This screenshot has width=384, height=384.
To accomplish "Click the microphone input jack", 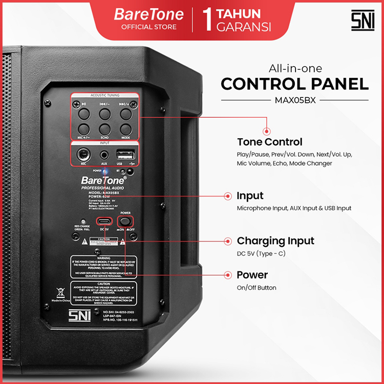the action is pyautogui.click(x=82, y=154).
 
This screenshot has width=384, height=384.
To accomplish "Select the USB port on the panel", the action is pyautogui.click(x=126, y=154).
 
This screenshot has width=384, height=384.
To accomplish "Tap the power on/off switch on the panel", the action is pyautogui.click(x=125, y=221).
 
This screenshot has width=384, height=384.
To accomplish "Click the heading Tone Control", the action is pyautogui.click(x=269, y=142).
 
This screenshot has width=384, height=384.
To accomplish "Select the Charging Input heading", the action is pyautogui.click(x=275, y=241).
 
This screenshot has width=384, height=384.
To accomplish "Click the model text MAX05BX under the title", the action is pyautogui.click(x=295, y=100).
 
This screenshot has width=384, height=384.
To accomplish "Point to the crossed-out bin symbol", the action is pyautogui.click(x=60, y=293).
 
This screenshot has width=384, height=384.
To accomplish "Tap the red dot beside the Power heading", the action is pyautogui.click(x=227, y=275).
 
